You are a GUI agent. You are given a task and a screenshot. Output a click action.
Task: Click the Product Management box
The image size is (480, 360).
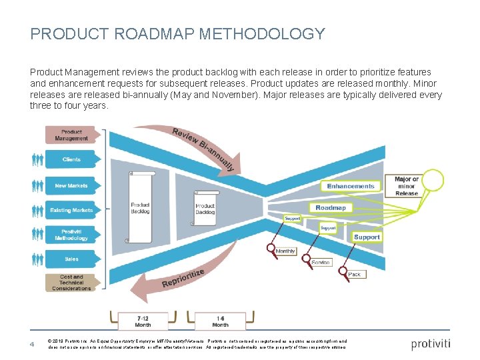(71, 135)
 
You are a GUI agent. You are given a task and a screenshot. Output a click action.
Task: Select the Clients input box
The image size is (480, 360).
(71, 160)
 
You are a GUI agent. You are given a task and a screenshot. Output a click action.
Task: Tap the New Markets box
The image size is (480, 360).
(71, 185)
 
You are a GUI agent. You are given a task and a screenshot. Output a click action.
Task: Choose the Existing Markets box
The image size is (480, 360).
(71, 210)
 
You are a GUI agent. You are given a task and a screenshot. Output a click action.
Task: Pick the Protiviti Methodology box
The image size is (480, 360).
(71, 235)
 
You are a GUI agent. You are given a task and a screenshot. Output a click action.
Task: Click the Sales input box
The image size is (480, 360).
(71, 259)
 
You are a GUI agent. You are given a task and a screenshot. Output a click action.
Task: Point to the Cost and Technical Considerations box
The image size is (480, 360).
(71, 283)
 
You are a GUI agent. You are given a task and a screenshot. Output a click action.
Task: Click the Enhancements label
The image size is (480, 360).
(351, 186)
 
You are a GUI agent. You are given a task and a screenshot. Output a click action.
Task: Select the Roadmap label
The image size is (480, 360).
(331, 208)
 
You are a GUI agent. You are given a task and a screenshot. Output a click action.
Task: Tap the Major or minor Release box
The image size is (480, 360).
(406, 186)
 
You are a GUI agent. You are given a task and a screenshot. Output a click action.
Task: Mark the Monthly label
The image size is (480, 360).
(285, 251)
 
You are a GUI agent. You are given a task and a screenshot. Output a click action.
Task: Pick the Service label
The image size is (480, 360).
(321, 263)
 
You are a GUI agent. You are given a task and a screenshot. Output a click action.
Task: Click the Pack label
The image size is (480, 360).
(355, 274)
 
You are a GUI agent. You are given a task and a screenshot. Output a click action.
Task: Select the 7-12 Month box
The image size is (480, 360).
(143, 321)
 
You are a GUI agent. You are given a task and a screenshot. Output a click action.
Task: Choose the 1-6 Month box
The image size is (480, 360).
(219, 321)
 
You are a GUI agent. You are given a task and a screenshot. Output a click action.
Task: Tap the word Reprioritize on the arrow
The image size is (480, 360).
(183, 279)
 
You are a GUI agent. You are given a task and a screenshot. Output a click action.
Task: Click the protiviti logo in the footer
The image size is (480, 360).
(431, 344)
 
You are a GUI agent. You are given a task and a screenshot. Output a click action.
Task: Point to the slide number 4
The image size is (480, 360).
(31, 344)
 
